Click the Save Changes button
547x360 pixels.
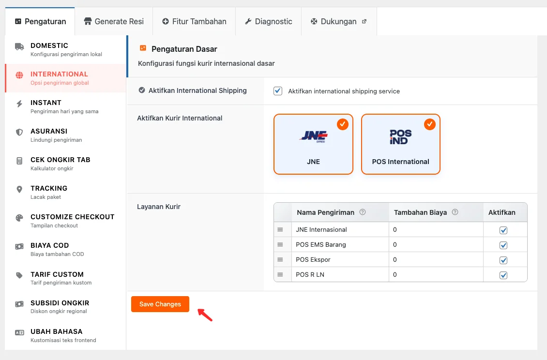pos(160,304)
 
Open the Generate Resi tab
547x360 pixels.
pos(114,21)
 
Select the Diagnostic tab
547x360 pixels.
pos(268,21)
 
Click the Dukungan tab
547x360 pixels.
pos(338,21)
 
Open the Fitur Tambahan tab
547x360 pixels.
pos(194,21)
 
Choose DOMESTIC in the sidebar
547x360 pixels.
pos(49,49)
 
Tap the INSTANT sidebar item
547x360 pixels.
pos(46,106)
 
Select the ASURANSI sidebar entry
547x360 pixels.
pos(49,135)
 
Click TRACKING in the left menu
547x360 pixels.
pos(49,192)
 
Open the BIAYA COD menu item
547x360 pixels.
pos(50,249)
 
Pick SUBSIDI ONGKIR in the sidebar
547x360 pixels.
pos(60,306)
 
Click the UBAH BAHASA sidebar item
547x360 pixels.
pos(56,335)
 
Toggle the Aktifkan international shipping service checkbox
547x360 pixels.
pos(278,91)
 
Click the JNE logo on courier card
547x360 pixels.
pos(313,136)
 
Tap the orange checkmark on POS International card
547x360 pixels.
pos(429,124)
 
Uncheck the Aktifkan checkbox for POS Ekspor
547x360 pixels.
pos(503,260)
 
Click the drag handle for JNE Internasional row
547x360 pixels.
pos(280,230)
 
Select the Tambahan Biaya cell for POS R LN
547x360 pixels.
pos(436,274)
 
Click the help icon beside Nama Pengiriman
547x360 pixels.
pos(363,212)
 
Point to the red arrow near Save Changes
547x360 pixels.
pos(205,315)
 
